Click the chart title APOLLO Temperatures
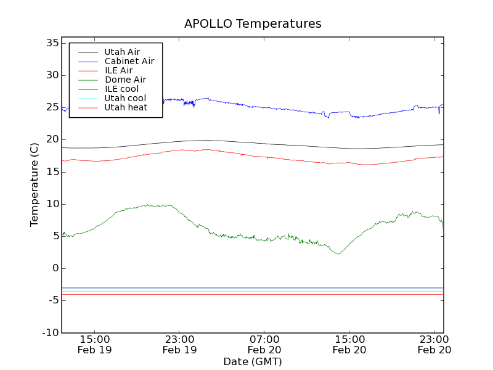253,24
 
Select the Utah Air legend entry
122,52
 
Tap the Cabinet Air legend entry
129,61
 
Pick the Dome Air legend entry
125,80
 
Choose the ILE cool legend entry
121,89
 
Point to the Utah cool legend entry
125,98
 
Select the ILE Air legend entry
118,70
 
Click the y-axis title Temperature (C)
35,184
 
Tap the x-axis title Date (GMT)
253,361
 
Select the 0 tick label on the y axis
55,268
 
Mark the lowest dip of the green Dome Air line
338,253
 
